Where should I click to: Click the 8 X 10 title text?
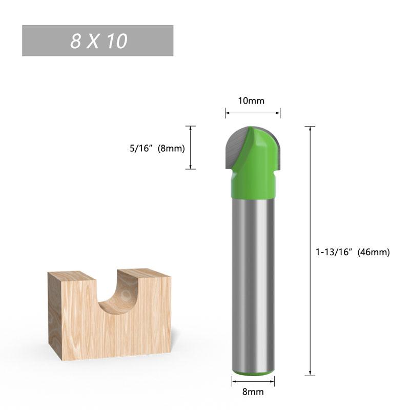98,41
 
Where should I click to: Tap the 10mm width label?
251,100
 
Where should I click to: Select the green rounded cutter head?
259,149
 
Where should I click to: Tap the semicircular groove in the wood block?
119,297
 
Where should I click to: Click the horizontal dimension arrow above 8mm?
253,380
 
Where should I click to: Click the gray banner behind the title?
41,41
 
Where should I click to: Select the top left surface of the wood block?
72,277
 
